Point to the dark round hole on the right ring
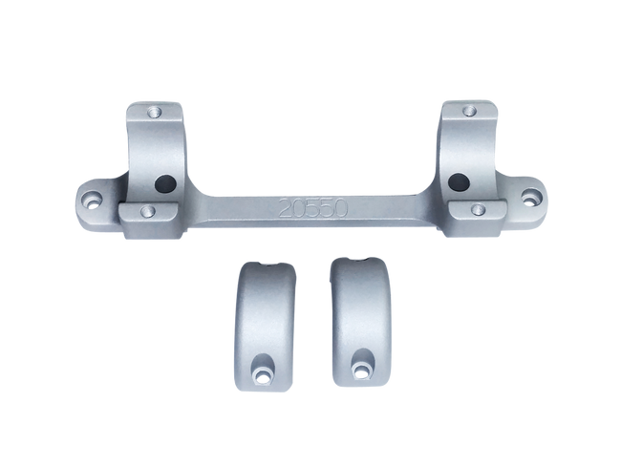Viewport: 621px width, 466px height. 458,179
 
